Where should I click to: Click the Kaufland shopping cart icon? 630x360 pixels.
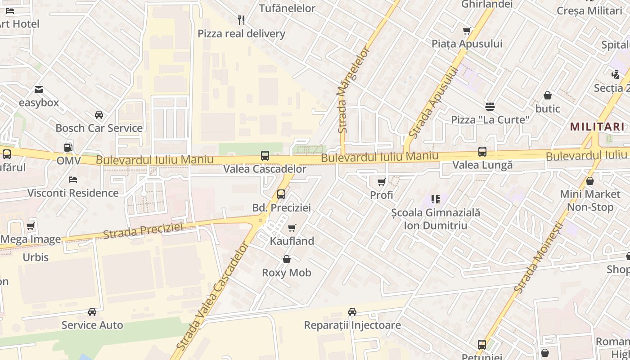tap(292, 228)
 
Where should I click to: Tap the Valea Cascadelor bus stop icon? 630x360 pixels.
tap(265, 156)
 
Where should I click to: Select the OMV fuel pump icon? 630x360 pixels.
tap(68, 147)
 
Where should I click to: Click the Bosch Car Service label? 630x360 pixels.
tap(99, 128)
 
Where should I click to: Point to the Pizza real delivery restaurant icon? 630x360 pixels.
tap(241, 20)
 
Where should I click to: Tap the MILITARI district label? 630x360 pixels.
tap(597, 127)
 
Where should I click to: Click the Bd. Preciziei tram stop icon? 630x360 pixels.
tap(281, 194)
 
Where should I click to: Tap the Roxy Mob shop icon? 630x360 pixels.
tap(286, 259)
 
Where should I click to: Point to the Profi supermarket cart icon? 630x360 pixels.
tap(381, 182)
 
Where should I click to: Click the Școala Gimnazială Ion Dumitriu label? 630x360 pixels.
tap(435, 219)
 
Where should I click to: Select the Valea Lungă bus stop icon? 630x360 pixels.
tap(482, 152)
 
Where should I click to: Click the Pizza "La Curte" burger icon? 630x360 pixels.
tap(490, 107)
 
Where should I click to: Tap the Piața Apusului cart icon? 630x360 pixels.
tap(467, 31)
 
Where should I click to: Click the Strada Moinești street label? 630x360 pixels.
tap(538, 258)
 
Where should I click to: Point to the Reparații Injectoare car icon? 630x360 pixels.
tap(352, 312)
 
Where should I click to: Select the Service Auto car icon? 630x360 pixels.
tap(92, 312)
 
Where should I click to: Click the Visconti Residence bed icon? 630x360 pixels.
tap(73, 180)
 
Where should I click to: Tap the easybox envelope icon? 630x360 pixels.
tap(39, 90)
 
